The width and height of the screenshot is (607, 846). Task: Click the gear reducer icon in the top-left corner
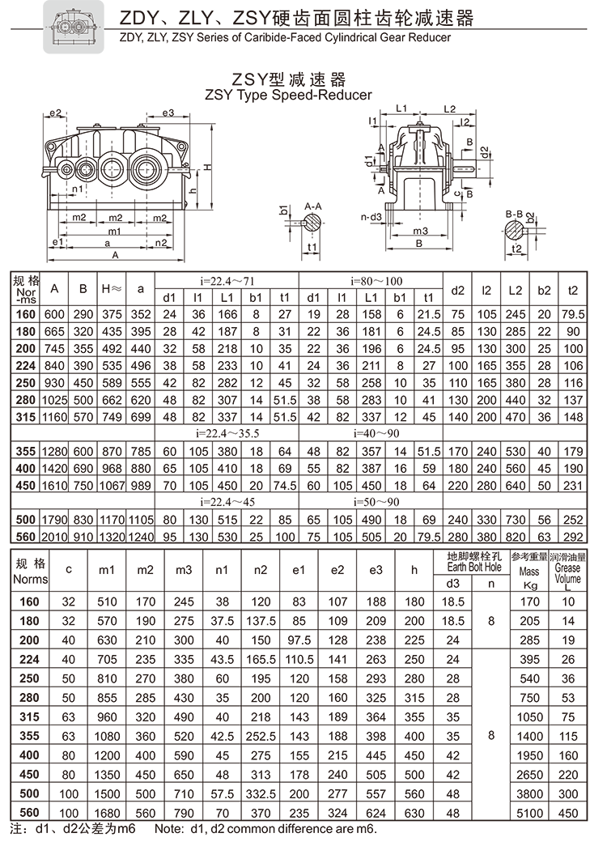72,27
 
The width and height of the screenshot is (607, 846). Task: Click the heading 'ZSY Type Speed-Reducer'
289,95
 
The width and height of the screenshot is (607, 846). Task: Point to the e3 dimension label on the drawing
168,113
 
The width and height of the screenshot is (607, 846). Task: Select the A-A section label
313,206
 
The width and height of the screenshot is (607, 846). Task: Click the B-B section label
514,214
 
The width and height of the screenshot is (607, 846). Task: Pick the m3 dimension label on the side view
420,231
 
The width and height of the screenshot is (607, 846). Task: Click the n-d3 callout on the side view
371,217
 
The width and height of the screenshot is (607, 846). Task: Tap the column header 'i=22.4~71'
227,281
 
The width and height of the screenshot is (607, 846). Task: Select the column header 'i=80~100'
371,281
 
